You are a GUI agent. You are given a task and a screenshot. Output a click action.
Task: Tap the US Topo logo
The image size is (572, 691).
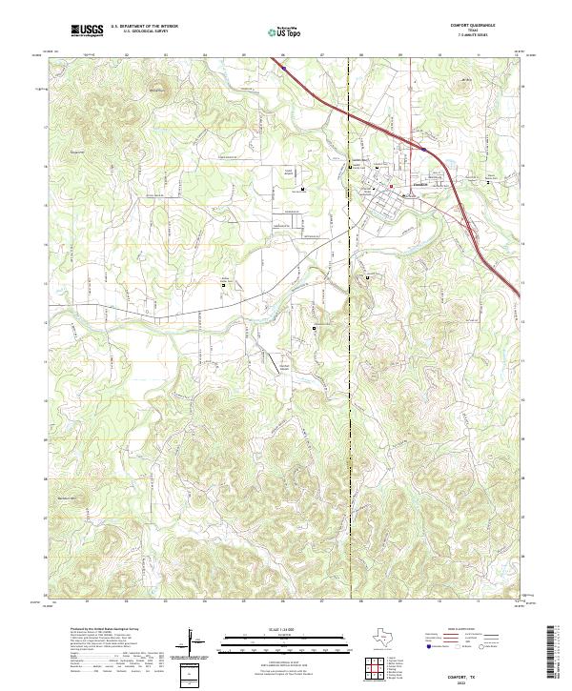click(287, 32)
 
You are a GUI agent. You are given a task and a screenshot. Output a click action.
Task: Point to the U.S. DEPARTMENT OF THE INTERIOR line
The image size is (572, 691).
click(144, 28)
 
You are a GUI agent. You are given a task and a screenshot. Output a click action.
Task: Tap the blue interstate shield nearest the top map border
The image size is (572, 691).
click(283, 67)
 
